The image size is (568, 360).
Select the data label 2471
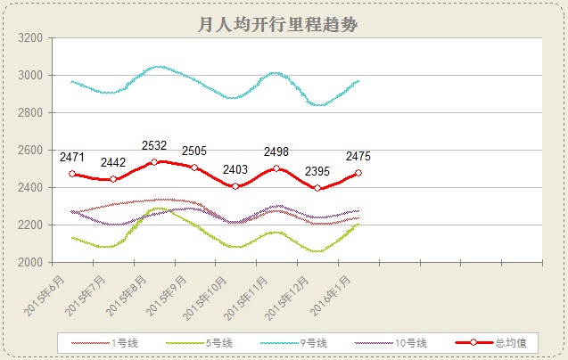[72, 157]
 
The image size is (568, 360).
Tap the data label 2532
[154, 145]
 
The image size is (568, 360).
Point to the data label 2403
[235, 169]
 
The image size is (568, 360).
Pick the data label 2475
[358, 157]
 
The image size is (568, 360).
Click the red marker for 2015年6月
[72, 174]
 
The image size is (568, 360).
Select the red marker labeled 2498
[276, 168]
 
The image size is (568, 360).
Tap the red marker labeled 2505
[194, 167]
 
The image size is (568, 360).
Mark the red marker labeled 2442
[113, 179]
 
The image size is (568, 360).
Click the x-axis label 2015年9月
[169, 295]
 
